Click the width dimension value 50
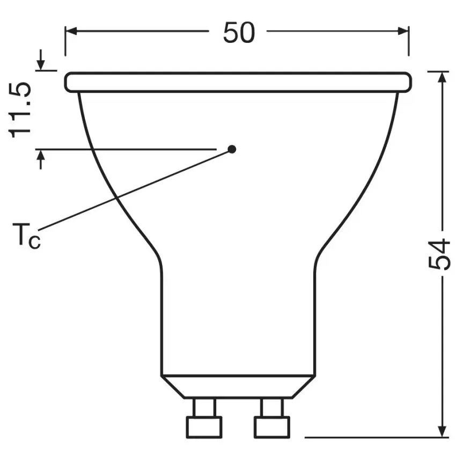coord(238,33)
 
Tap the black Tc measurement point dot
coord(232,149)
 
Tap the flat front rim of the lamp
coord(238,83)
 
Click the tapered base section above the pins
coord(238,386)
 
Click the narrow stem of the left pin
coord(204,407)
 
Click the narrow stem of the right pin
coord(271,407)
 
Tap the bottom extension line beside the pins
coord(370,437)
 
